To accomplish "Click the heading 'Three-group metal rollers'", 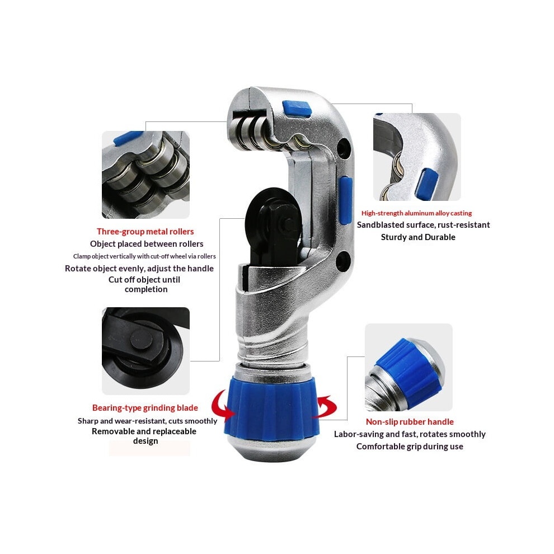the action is click(145, 232).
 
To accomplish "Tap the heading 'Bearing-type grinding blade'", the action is click(145, 408).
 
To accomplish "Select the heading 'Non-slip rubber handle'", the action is click(410, 422).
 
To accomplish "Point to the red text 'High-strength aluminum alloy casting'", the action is click(416, 213).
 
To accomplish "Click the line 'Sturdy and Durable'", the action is click(418, 237).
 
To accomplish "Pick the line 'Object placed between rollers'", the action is click(147, 244).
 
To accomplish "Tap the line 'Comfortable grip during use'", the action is click(410, 447).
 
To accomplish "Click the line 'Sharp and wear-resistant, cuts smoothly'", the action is click(147, 421).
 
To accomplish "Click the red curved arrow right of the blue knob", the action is click(326, 406).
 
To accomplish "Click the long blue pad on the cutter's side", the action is click(346, 200).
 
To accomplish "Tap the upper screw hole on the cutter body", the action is click(344, 149).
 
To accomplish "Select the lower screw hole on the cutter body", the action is click(343, 261).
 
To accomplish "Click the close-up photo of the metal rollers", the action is click(145, 175).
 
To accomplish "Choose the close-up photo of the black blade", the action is click(145, 351).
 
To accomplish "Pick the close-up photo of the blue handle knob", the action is click(409, 367).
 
